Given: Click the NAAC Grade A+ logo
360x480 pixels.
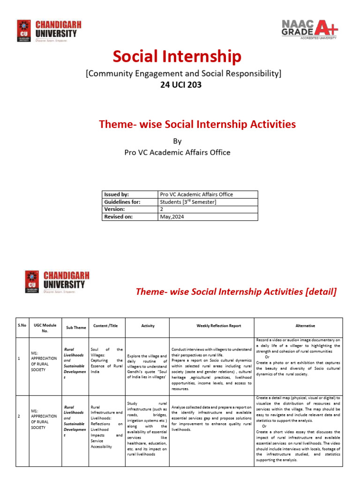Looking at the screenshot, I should point(309,29).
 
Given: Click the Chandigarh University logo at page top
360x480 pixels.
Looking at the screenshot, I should point(47,31).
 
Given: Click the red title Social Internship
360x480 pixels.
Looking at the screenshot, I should point(177,57).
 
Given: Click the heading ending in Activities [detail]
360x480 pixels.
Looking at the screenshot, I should point(236,292).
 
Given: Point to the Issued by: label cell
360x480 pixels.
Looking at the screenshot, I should point(129,194).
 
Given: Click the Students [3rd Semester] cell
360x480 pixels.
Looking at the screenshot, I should point(208,202).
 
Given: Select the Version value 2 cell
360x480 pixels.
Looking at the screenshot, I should point(208,209).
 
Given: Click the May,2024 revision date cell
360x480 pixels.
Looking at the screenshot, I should point(208,217).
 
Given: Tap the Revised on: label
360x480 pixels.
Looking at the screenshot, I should point(129,217).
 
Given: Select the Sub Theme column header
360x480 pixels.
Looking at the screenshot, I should point(76,328).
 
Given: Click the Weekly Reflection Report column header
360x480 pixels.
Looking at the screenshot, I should point(211,326).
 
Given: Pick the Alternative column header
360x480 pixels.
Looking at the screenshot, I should point(305,326).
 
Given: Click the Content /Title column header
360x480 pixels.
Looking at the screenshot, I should point(106,326).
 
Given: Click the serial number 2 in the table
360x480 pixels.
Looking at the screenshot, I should point(18,416).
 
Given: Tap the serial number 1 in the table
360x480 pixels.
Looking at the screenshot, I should point(18,359).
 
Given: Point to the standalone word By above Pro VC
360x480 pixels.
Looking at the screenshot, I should point(177,141).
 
